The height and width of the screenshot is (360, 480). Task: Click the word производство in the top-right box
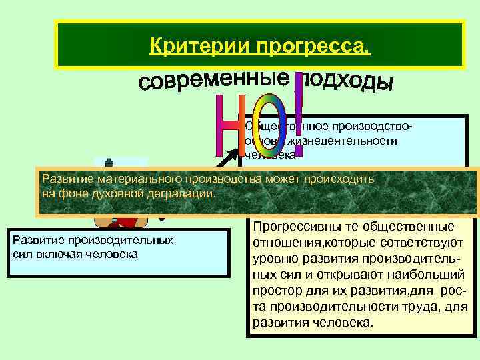376,126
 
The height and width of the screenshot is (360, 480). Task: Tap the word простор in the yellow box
277,292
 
